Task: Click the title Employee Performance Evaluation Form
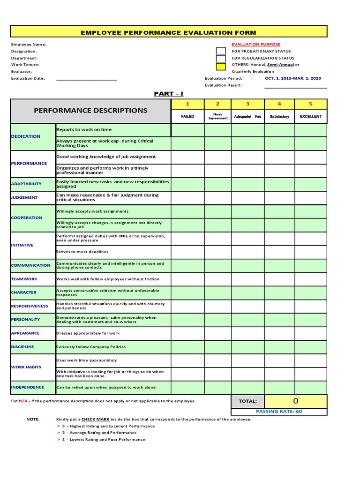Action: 168,32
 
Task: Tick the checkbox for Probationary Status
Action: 221,51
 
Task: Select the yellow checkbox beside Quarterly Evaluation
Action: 221,67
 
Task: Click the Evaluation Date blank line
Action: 86,79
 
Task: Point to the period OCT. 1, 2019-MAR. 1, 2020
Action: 293,78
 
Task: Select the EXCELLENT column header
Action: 311,116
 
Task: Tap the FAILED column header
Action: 187,116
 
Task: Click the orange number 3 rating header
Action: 247,104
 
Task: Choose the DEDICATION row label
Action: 26,136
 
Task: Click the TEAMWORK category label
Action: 24,279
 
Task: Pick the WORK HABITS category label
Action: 26,367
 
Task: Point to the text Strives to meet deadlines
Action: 82,252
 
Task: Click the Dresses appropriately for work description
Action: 88,333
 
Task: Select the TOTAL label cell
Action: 247,401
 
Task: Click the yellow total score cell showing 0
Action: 295,401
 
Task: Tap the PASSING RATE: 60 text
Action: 279,411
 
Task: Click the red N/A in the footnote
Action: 23,401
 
